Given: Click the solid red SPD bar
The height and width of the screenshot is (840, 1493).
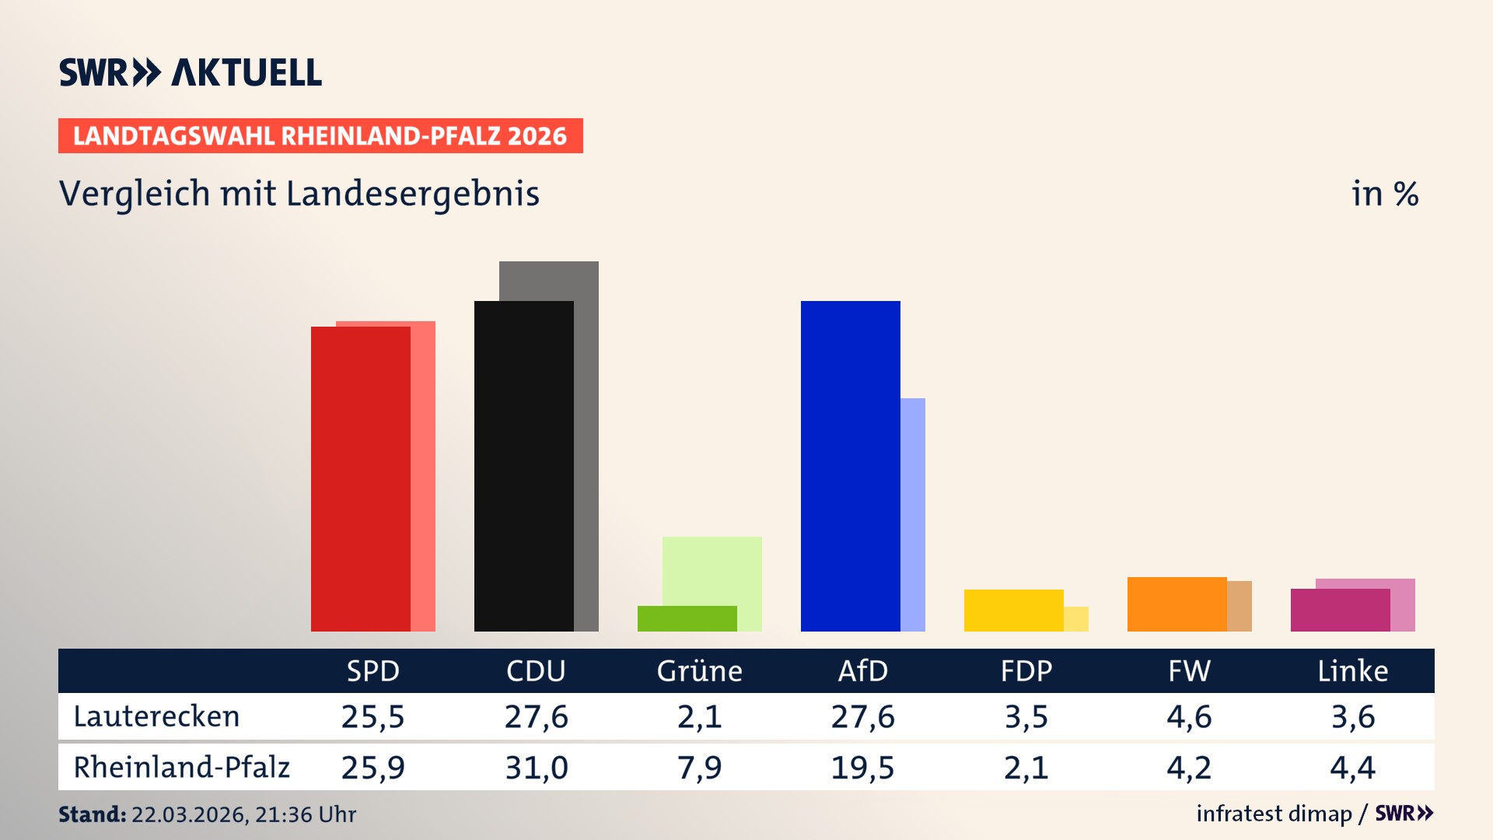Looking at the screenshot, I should pos(361,478).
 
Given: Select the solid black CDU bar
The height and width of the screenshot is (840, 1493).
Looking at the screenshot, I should pos(524,467).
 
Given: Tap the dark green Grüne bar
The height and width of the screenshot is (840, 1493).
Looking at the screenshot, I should pos(687,618).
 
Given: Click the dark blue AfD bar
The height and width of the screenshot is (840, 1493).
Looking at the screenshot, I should pos(851,467).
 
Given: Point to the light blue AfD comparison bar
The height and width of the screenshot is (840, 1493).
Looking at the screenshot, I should pos(913,513).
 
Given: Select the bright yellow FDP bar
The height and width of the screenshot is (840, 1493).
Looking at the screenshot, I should pos(1014,611).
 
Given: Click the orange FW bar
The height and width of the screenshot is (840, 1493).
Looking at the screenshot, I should pos(1177,604).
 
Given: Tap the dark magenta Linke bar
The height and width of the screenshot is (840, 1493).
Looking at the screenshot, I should pos(1341,611).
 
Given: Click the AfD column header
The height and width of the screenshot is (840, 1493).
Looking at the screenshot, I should pos(862,670).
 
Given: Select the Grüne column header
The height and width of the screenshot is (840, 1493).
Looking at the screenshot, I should pos(699,670).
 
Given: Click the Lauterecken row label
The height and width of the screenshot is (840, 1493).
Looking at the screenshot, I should pos(156,716).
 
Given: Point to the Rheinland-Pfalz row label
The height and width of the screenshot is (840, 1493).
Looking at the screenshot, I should pos(181,768).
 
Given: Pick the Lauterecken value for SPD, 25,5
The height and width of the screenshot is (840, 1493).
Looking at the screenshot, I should pos(372,716).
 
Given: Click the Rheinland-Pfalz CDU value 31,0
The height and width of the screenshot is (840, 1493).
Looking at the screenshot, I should pos(536,768).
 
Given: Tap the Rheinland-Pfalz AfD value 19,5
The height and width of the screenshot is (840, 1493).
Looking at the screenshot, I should pos(862,768).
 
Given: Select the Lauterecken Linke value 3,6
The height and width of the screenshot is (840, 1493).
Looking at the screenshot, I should pos(1352,716).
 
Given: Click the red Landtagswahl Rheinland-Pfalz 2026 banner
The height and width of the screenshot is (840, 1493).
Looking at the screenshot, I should pos(320,136).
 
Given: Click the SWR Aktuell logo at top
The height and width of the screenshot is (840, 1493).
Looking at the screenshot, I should pos(191,72).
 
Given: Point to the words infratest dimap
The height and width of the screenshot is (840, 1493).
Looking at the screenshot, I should pos(1274,814).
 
